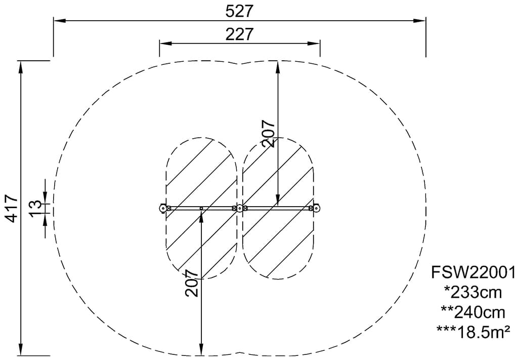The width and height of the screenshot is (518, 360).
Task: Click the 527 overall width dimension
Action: [239, 11]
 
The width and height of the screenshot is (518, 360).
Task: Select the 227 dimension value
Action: [239, 34]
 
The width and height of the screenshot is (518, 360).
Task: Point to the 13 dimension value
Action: [36, 208]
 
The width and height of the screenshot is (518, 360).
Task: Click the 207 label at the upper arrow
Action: [268, 133]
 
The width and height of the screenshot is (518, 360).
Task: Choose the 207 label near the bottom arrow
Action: [192, 283]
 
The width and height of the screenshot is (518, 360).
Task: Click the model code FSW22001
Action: [473, 273]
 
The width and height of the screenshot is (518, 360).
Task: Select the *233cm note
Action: [473, 293]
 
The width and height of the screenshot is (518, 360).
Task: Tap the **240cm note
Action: [473, 312]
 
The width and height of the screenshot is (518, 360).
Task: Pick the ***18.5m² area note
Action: [473, 332]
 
